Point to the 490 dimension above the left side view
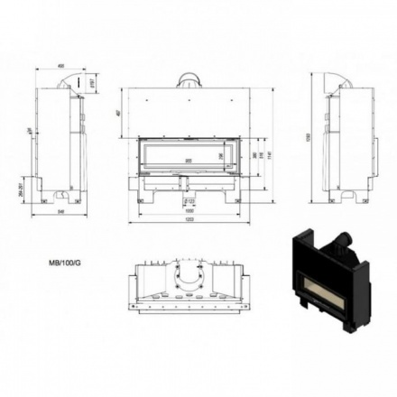61,65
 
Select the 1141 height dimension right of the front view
268,156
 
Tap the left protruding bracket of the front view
133,183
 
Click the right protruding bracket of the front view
243,183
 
